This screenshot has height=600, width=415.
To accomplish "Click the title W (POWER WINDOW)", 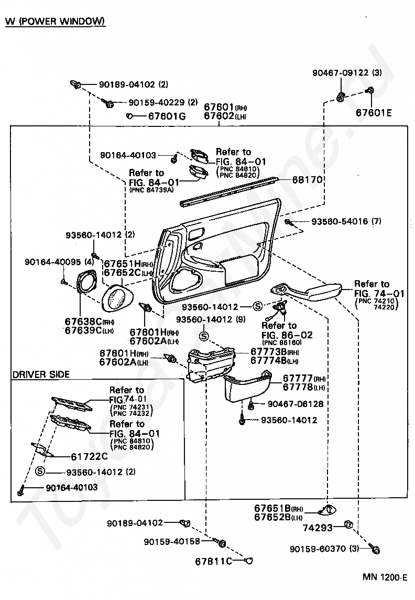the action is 55,20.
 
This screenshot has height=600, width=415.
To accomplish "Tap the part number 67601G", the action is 167,116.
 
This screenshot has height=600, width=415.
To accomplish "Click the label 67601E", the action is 374,112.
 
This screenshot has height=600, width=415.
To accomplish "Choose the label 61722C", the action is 90,456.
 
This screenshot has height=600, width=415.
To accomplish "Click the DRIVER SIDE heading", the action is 41,374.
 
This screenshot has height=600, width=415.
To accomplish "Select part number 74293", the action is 318,528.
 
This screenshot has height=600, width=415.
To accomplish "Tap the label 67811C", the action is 213,561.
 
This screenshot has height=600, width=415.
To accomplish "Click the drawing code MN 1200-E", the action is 385,577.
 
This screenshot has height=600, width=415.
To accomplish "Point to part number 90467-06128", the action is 296,404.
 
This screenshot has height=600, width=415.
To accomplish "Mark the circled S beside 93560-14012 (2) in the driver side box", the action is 39,471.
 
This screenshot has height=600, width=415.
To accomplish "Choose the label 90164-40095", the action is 53,262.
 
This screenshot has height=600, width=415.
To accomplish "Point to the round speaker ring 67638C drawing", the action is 88,282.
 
